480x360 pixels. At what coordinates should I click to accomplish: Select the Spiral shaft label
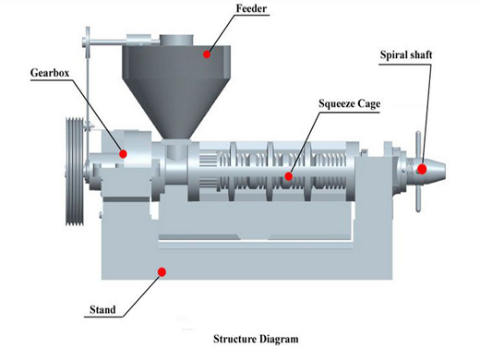tap(405, 54)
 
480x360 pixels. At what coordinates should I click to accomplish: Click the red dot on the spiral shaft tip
tap(421, 169)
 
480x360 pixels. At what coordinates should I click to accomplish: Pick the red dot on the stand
tap(162, 271)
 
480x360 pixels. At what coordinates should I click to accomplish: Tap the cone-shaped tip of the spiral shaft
tap(433, 169)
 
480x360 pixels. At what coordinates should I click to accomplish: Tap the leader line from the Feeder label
tap(223, 31)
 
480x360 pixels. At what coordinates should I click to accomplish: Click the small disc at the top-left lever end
tap(88, 40)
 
